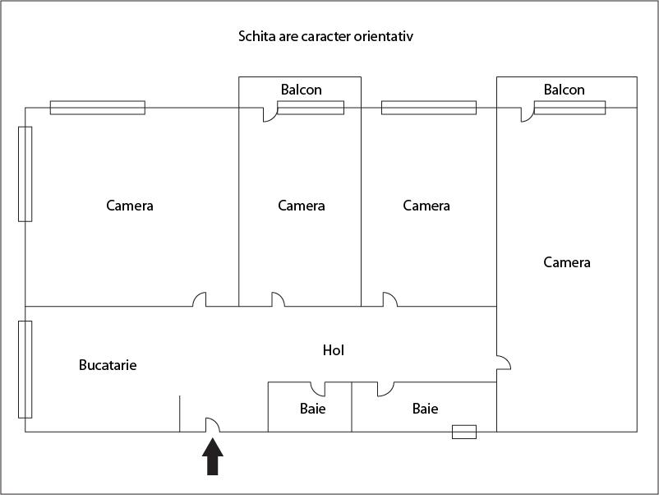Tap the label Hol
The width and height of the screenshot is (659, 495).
[x=333, y=350]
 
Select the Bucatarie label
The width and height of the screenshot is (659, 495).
[x=108, y=364]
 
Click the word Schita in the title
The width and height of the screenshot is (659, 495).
[x=256, y=37]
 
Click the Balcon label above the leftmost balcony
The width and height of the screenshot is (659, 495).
[x=302, y=90]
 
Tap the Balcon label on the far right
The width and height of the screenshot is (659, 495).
[x=565, y=90]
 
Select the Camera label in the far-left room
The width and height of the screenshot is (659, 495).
[x=130, y=206]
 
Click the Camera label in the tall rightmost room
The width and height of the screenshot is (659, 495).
[x=567, y=262]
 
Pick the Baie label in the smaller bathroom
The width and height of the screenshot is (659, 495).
[x=312, y=408]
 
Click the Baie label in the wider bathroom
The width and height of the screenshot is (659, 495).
[x=425, y=408]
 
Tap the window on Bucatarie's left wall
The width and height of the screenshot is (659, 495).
[x=25, y=369]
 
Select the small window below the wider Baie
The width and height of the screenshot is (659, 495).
[x=464, y=432]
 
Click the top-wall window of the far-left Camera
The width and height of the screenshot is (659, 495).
[x=98, y=108]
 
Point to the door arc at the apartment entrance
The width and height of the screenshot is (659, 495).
[x=212, y=423]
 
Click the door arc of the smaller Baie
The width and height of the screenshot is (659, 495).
[x=317, y=388]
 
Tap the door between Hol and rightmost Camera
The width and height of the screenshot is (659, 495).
[x=504, y=363]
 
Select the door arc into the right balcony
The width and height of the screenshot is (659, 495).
[x=527, y=115]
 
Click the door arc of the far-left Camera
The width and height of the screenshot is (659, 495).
[x=199, y=299]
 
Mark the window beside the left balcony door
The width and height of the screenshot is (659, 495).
[x=311, y=108]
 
